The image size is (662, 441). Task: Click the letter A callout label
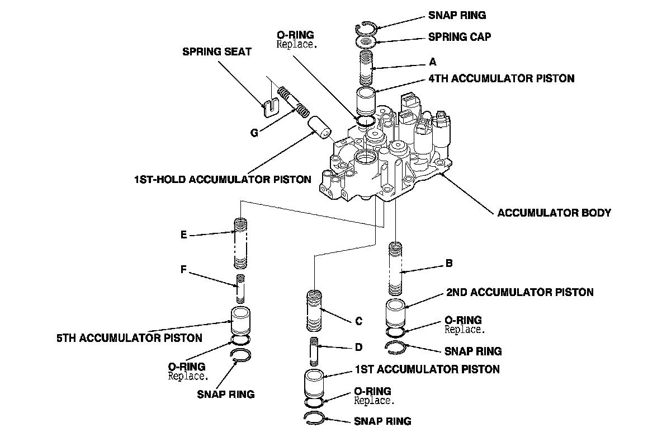point(432,62)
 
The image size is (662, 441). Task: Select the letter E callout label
point(183,235)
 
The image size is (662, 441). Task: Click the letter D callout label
point(358,348)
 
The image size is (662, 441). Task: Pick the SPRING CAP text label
point(460,37)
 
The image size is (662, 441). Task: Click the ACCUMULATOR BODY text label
point(554,213)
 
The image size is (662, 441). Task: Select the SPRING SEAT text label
point(217,51)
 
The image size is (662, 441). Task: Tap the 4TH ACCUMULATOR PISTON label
point(501,79)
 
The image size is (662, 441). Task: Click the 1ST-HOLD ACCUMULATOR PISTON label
point(223,180)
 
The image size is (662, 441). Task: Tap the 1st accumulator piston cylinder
point(315,384)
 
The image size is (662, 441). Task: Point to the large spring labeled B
point(396,269)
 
